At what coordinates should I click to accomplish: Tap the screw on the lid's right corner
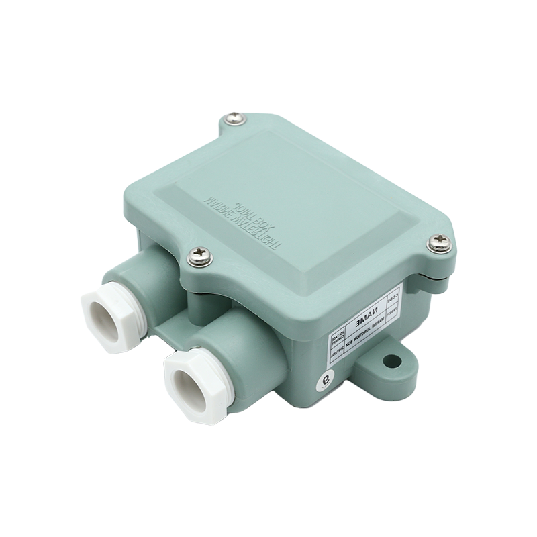click(440, 242)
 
